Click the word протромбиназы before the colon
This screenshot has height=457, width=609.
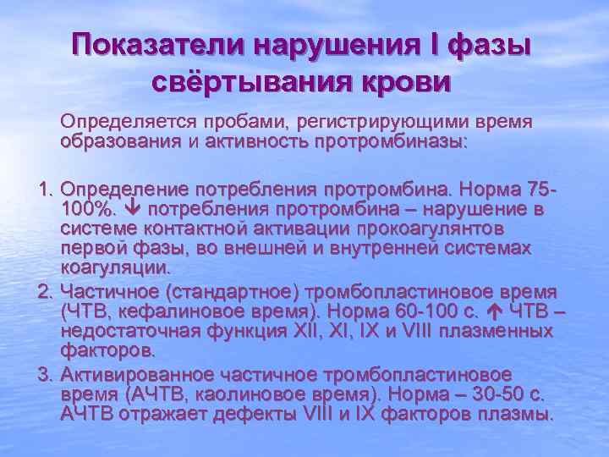pos(390,142)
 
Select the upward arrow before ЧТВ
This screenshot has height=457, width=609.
pos(491,312)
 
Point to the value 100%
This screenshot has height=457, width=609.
pos(83,208)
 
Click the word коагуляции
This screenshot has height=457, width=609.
pos(115,268)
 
